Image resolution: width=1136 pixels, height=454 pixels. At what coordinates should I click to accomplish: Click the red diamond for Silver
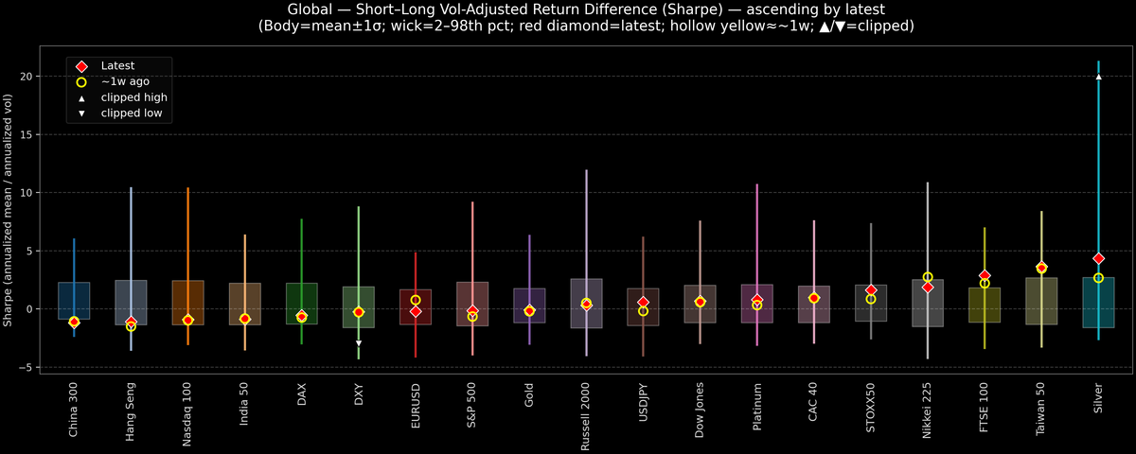tap(1098, 258)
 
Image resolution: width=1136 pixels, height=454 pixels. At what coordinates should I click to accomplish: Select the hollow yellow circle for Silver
tap(1098, 278)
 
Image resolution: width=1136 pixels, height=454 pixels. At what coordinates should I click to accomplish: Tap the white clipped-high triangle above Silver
tap(1098, 77)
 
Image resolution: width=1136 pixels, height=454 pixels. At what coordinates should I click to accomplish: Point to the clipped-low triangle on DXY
tap(359, 343)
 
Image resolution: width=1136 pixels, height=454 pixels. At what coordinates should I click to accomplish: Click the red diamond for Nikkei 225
tap(928, 287)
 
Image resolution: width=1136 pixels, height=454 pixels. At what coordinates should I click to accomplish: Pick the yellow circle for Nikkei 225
tap(928, 277)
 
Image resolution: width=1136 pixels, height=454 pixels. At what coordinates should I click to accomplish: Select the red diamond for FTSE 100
tap(985, 275)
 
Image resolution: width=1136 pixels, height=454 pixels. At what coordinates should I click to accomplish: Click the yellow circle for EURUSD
tap(416, 300)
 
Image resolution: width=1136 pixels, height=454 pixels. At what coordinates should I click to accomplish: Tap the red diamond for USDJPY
tap(643, 302)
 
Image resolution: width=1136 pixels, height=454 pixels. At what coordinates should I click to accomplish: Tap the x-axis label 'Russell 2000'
tap(587, 412)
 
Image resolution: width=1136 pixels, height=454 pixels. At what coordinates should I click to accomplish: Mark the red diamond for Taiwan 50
tap(1041, 268)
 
